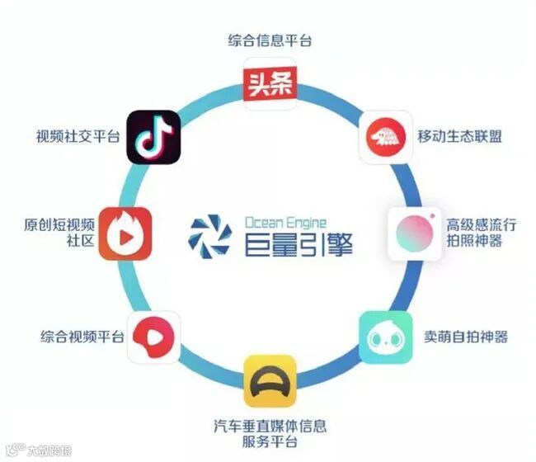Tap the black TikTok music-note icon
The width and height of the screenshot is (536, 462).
click(x=153, y=136)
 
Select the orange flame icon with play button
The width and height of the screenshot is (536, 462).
click(x=125, y=233)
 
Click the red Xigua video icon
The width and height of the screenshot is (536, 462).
click(x=153, y=336)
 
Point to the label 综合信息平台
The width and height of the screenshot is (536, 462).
click(x=270, y=40)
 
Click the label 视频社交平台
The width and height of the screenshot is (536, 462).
click(x=78, y=136)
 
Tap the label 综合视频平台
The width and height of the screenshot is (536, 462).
click(x=82, y=337)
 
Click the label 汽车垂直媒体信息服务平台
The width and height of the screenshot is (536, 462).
click(x=270, y=435)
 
